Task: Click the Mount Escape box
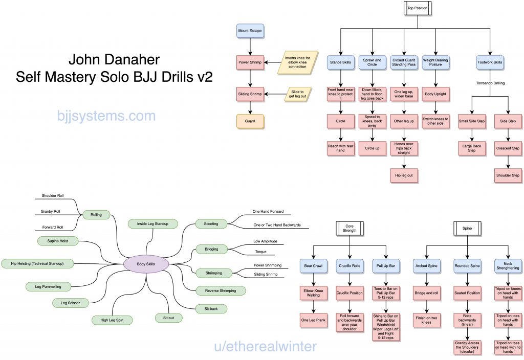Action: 250,31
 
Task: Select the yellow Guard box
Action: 250,121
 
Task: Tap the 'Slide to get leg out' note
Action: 298,94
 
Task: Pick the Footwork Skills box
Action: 490,62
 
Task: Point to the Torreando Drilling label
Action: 490,83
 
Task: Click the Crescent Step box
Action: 508,148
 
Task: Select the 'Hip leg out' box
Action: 405,175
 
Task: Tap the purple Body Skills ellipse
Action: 146,264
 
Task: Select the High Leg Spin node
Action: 112,320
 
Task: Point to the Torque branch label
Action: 260,252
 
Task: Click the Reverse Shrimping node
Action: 221,290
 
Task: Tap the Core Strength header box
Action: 350,228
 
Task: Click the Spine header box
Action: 467,228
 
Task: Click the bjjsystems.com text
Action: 106,116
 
